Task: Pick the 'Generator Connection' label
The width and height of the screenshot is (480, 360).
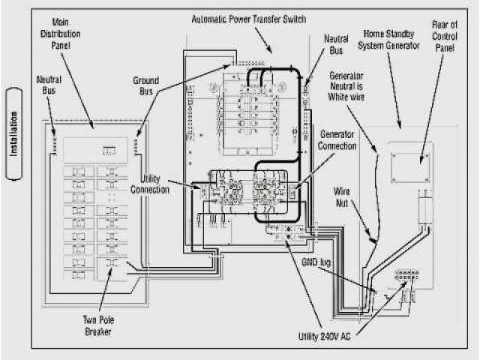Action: pos(337,139)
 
